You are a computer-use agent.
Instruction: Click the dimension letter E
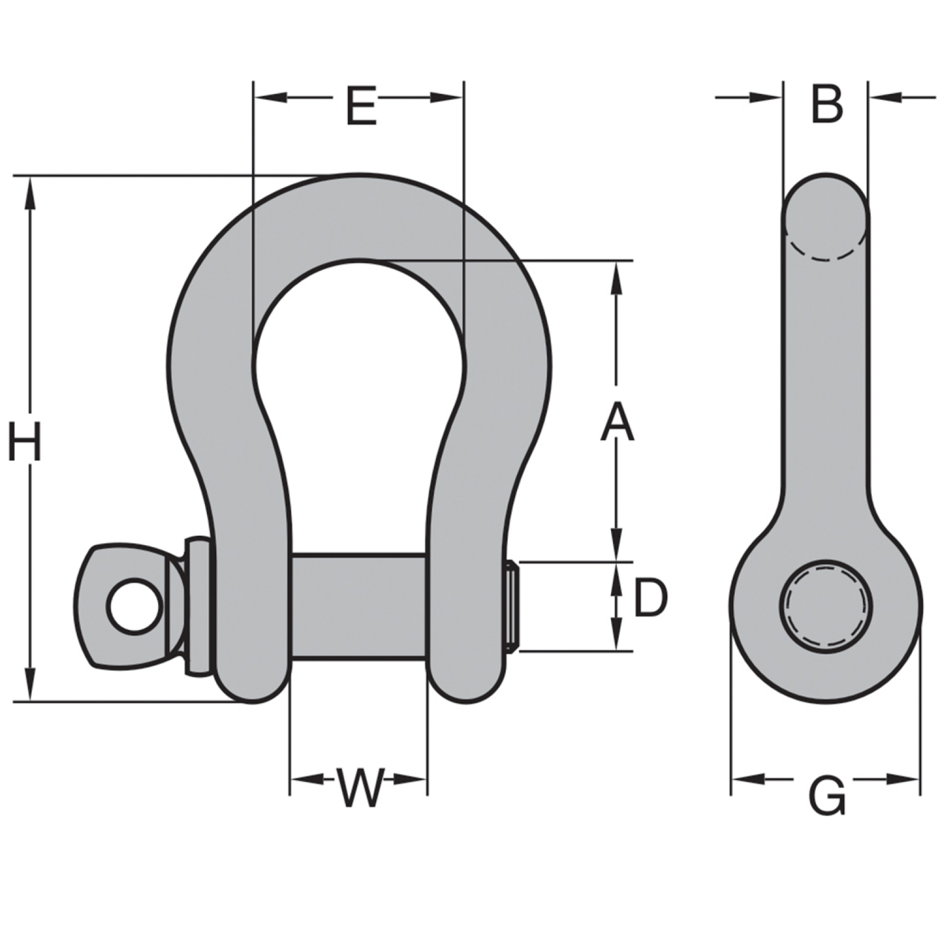361,106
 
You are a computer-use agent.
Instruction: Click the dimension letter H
25,442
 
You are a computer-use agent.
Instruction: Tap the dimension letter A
616,422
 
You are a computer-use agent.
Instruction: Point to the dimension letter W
359,788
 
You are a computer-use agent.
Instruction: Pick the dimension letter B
826,104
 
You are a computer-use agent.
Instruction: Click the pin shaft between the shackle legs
358,606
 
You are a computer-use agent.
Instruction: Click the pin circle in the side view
825,606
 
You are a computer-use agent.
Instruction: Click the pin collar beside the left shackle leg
198,606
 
